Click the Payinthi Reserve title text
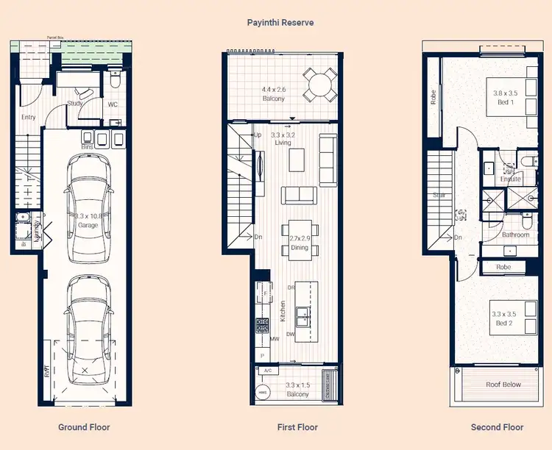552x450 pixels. coord(280,23)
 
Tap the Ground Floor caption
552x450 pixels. coord(84,427)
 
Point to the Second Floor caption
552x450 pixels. coord(497,427)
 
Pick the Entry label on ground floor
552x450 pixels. coord(29,118)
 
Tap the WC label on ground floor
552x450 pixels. coord(113,104)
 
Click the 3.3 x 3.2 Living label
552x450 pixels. coord(283,139)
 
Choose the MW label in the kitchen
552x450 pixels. coord(275,339)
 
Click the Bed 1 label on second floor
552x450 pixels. coord(504,98)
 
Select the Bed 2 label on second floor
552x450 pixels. coord(504,318)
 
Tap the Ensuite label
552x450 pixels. coord(511,179)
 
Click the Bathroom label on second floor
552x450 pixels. coord(515,235)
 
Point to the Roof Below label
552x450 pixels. coord(503,385)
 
